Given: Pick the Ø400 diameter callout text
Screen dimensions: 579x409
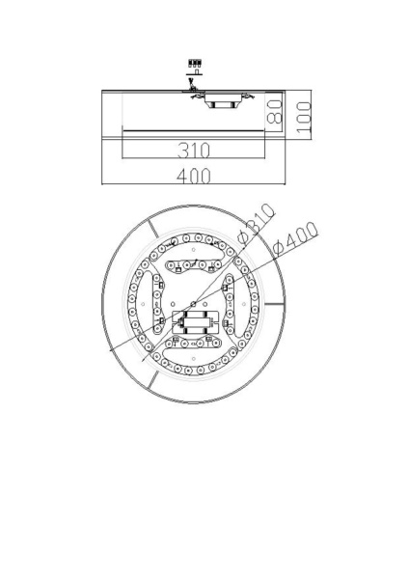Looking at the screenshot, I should point(296,238).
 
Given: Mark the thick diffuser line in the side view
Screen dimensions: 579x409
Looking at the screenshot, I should point(193,129).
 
